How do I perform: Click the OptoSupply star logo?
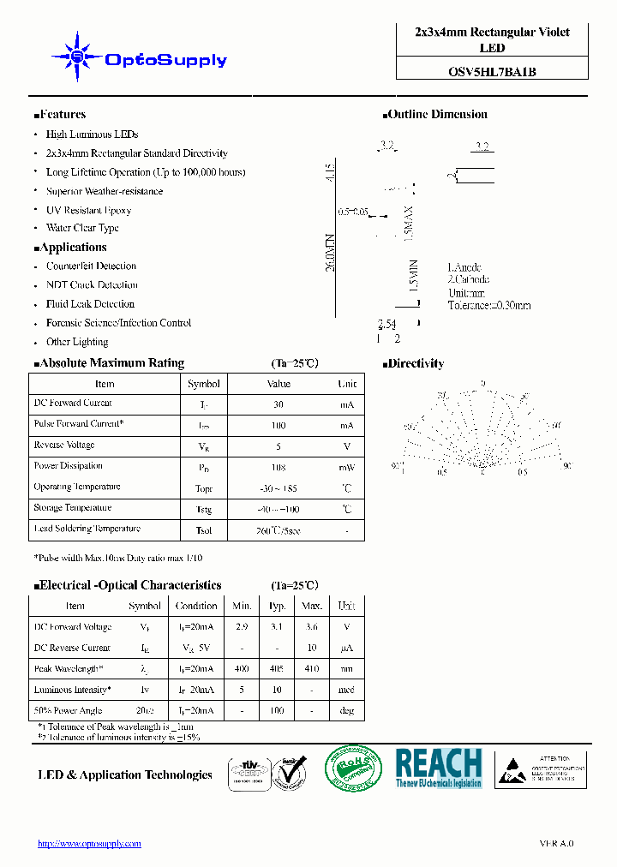pyautogui.click(x=76, y=57)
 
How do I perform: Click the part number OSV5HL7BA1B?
pyautogui.click(x=493, y=72)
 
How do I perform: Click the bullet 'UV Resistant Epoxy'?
pyautogui.click(x=88, y=210)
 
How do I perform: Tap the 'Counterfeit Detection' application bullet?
pyautogui.click(x=91, y=266)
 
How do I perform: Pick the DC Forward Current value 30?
pyautogui.click(x=279, y=404)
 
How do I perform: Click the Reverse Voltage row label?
pyautogui.click(x=64, y=445)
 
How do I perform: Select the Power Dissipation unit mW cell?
pyautogui.click(x=346, y=468)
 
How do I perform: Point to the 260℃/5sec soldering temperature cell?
pyautogui.click(x=279, y=530)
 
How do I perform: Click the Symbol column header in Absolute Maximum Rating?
pyautogui.click(x=204, y=384)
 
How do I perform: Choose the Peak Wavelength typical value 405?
pyautogui.click(x=278, y=668)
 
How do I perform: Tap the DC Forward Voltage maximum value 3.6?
pyautogui.click(x=312, y=627)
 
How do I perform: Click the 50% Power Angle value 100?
pyautogui.click(x=278, y=710)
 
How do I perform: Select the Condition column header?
pyautogui.click(x=196, y=606)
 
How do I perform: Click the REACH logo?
pyautogui.click(x=439, y=768)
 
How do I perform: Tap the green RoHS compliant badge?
pyautogui.click(x=354, y=768)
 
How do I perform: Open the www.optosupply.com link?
pyautogui.click(x=89, y=844)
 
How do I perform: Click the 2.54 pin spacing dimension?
pyautogui.click(x=387, y=325)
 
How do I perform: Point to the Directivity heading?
pyautogui.click(x=416, y=363)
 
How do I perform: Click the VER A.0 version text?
pyautogui.click(x=556, y=844)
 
